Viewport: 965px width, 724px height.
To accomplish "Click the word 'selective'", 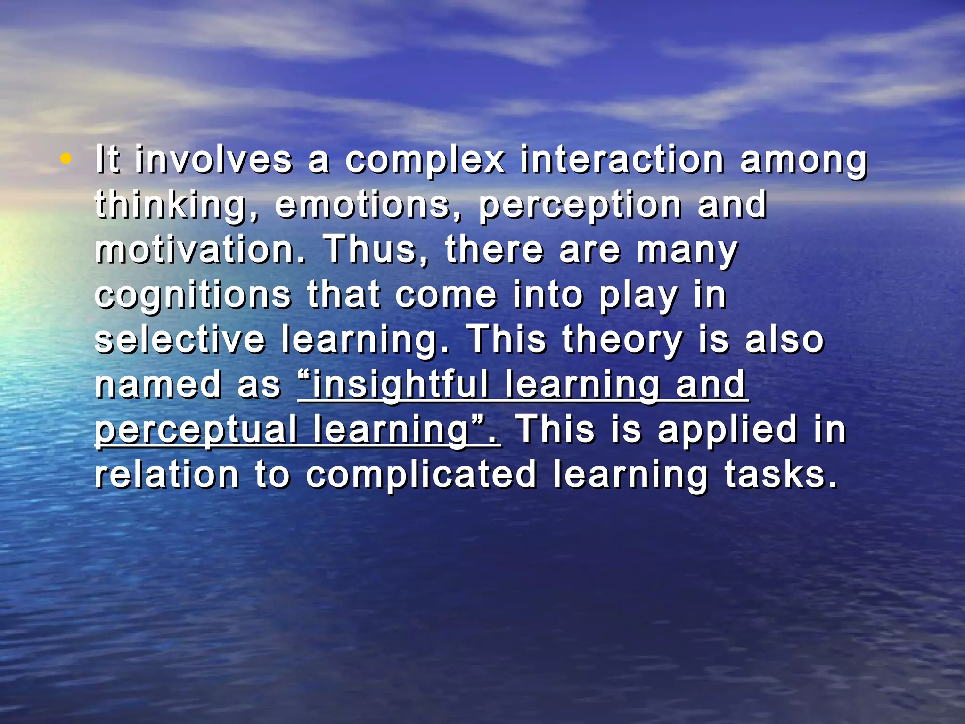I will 180,339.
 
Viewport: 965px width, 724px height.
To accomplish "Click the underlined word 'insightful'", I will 401,385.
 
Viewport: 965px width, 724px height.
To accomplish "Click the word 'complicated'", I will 421,475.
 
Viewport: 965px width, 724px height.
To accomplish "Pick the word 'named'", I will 158,385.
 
